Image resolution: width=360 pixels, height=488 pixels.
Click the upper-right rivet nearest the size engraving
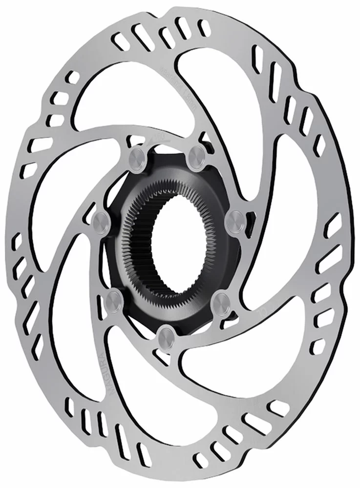point(198,152)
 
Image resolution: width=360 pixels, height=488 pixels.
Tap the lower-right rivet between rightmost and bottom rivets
point(222,299)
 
